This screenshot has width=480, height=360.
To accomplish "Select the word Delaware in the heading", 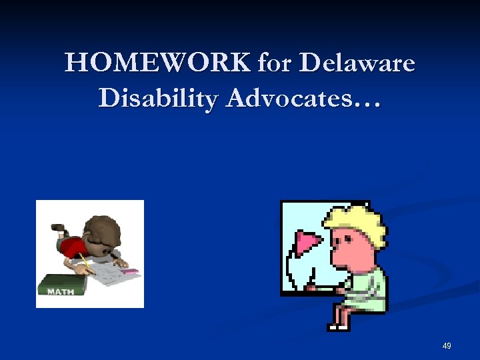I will point(358,64).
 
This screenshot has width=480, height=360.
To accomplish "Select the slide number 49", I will point(446,346).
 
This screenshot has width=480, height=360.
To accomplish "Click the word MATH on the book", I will point(60,291).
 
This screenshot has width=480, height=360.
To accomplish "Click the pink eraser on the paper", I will point(130,272).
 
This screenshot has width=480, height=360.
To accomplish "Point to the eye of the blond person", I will point(341,237).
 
